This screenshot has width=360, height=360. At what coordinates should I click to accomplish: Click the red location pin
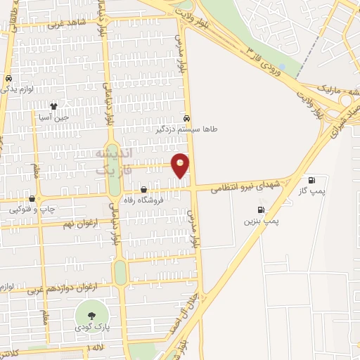[181, 165]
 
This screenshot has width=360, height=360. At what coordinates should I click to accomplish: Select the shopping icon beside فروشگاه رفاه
[143, 189]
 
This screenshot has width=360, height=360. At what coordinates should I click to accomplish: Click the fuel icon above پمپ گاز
[312, 179]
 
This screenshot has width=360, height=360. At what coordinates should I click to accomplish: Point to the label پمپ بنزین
[262, 221]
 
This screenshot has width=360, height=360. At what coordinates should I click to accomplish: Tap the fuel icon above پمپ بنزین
[262, 210]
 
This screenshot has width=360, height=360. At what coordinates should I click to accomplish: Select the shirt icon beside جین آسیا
[53, 105]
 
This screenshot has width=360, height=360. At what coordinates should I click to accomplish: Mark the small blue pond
[281, 69]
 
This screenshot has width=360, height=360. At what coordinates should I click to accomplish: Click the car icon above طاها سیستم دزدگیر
[186, 118]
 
